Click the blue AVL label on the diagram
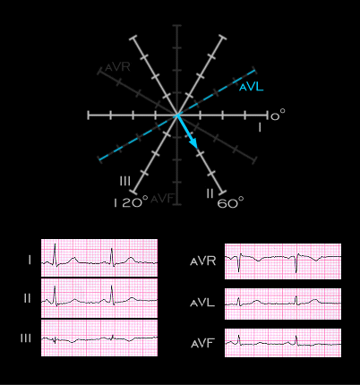[x=252, y=87]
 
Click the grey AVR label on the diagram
[x=117, y=67]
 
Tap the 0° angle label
[x=278, y=115]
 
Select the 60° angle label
[x=230, y=202]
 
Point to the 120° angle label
[x=131, y=202]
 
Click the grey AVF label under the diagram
[x=162, y=199]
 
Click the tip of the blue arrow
[x=197, y=148]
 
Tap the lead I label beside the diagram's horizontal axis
[x=260, y=127]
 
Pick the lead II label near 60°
[x=210, y=193]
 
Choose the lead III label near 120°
[x=125, y=181]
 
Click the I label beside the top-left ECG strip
[x=30, y=261]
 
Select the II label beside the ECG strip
[x=28, y=298]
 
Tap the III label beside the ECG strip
[x=26, y=338]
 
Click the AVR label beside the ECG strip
[x=203, y=261]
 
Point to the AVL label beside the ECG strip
[x=202, y=303]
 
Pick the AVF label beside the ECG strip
[x=202, y=344]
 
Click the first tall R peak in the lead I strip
[x=55, y=244]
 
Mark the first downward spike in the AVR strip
[x=239, y=271]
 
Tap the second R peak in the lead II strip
[x=112, y=286]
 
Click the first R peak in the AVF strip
[x=239, y=336]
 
